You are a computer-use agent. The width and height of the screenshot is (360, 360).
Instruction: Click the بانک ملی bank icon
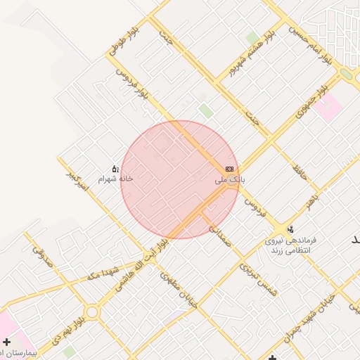coord(229,169)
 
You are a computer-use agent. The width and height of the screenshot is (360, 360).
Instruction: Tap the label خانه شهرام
coord(115,179)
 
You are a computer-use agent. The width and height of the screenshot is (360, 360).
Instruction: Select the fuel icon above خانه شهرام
coord(115,169)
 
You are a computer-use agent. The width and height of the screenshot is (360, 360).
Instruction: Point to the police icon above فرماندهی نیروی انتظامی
coord(290,230)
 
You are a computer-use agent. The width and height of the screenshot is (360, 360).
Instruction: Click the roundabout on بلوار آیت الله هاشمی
coord(92,311)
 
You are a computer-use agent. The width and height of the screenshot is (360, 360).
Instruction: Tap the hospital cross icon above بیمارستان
coord(6,342)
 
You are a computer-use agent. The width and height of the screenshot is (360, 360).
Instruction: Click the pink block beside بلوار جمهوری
coord(328,106)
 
